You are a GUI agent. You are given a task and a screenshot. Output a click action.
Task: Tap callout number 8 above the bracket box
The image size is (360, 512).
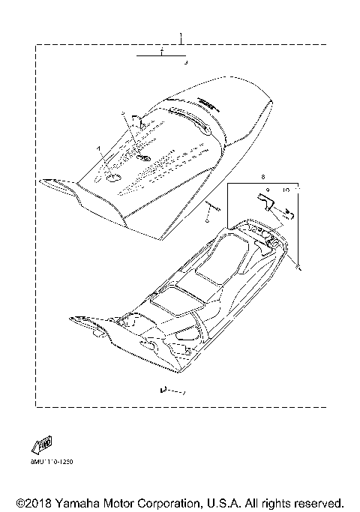click(x=242, y=178)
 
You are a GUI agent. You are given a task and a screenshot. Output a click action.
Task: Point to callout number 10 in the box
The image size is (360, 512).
click(x=286, y=190)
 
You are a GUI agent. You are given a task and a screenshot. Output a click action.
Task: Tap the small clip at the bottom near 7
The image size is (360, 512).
click(x=161, y=390)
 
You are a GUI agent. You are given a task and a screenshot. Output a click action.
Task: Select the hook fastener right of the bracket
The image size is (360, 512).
click(x=289, y=214)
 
